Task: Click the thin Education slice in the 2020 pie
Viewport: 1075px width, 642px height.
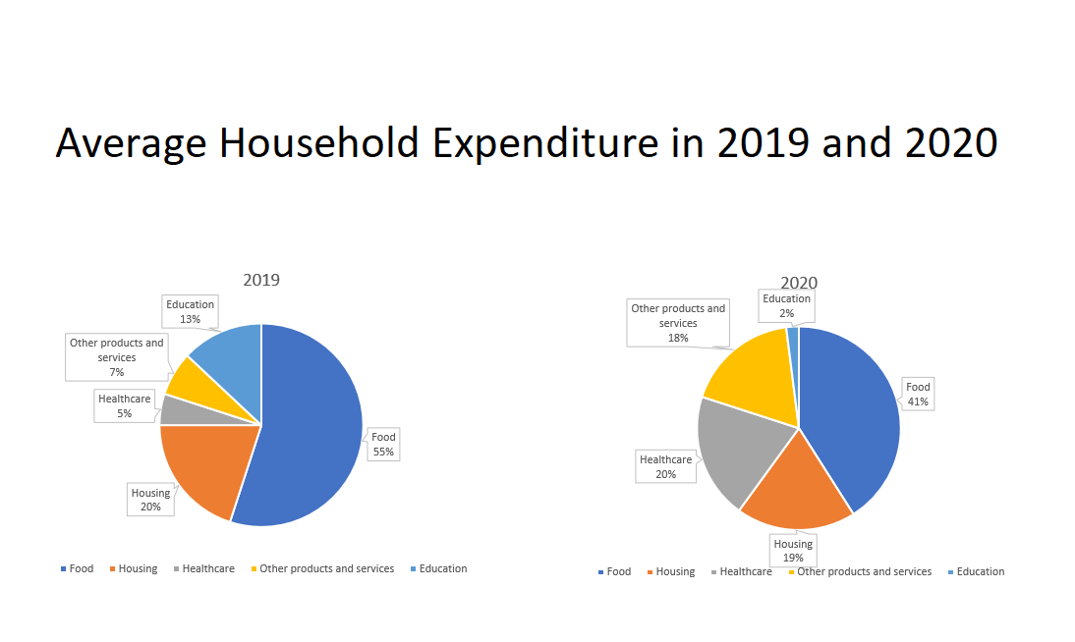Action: (x=793, y=336)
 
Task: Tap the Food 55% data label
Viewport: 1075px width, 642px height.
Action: (x=383, y=445)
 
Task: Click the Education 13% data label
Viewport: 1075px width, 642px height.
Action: (x=190, y=312)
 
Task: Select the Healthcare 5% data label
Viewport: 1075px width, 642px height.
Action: (x=125, y=406)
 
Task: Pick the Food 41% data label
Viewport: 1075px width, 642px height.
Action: (x=918, y=394)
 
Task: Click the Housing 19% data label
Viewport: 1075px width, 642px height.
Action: (x=793, y=551)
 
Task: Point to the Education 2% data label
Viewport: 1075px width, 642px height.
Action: (x=786, y=305)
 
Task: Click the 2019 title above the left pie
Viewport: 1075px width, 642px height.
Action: (x=261, y=280)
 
